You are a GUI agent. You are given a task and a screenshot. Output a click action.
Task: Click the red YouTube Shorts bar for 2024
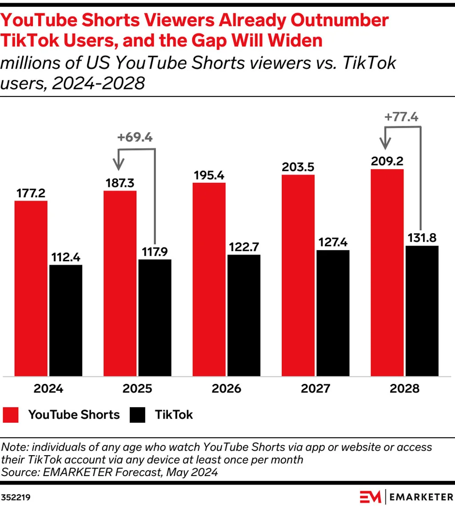coord(31,289)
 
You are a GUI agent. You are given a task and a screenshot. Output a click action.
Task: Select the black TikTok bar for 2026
coord(244,316)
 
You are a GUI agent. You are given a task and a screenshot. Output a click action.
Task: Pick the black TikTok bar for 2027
coord(333,314)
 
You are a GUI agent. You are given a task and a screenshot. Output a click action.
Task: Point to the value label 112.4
coord(66,257)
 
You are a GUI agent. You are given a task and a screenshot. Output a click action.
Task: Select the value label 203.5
coord(298,167)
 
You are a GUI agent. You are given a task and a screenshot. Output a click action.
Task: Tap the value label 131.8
coord(422,238)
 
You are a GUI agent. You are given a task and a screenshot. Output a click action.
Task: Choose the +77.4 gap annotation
coord(402,117)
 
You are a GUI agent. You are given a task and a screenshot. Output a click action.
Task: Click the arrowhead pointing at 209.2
coord(386,144)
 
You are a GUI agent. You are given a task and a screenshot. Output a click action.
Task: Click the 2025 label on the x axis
coord(137,388)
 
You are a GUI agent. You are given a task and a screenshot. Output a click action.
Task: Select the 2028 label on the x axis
coord(404,388)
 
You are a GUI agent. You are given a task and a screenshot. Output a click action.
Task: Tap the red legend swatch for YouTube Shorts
coord(11,415)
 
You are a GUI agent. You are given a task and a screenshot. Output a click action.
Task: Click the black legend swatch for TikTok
coord(137,415)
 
